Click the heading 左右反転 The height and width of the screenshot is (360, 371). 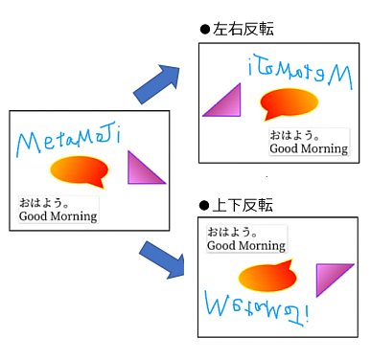(243, 29)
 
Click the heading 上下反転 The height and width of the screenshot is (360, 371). (243, 205)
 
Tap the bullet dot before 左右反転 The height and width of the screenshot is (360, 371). (205, 30)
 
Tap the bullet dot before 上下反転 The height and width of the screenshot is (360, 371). (204, 206)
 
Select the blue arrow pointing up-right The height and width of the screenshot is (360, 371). (157, 83)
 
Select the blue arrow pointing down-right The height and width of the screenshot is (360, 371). (162, 260)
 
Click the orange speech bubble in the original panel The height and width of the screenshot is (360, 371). (80, 170)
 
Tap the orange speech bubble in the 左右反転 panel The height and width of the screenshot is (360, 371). (289, 102)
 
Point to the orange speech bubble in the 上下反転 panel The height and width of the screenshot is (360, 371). (267, 277)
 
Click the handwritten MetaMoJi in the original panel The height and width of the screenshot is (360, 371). (69, 141)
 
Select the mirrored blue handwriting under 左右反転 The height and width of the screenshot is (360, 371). (300, 72)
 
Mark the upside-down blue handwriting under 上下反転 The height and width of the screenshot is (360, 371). (257, 308)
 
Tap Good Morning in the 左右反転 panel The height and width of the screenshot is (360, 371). (309, 149)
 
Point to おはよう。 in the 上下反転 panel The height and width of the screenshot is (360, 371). (232, 232)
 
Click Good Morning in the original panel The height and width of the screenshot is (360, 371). (58, 216)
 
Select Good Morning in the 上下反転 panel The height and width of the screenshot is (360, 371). (246, 246)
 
